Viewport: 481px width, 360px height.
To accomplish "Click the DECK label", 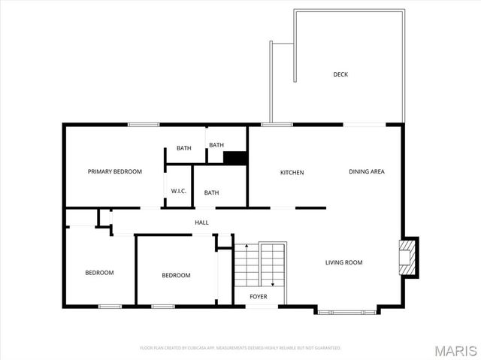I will pos(340,74).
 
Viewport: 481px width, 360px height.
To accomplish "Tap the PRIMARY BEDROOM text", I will pos(114,172).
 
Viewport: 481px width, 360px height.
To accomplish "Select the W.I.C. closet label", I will pos(178,192).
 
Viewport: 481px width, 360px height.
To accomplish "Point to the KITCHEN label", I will pos(292,173).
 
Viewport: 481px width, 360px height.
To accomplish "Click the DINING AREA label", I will pos(366,172).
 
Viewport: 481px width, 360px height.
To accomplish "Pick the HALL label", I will pos(201,222).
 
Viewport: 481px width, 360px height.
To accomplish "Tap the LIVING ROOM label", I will pos(343,262).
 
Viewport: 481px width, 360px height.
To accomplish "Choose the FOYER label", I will pos(259,297).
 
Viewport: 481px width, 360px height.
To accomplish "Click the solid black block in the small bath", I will pos(235,158).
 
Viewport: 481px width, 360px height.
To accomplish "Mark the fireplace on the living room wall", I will pos(409,257).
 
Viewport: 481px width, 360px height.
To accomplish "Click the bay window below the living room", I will pos(346,310).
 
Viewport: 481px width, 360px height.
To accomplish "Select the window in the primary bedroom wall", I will pos(143,124).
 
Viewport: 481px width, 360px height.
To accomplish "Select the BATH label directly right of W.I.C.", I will pos(211,193).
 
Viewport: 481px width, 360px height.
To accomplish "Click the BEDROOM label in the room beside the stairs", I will pos(176,275).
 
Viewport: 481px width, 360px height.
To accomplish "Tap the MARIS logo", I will pos(453,350).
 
